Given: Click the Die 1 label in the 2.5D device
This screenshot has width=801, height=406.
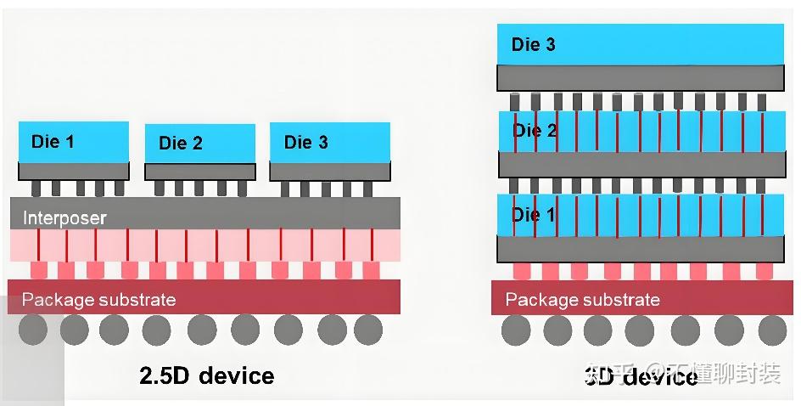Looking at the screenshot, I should point(53,141).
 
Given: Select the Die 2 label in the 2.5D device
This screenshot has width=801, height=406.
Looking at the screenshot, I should point(180,144).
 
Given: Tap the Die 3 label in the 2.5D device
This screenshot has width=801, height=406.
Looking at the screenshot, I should point(305,142).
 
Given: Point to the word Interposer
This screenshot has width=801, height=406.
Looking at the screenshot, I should point(64,218).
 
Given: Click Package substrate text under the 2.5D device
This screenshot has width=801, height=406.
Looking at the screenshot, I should point(98,300).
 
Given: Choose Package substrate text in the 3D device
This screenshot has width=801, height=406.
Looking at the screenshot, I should point(582,300).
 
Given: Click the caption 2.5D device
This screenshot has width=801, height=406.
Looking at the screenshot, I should point(206,375).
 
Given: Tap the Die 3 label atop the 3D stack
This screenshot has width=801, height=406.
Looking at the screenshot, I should point(533,44).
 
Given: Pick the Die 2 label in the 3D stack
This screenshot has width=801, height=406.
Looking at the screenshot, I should point(534,131).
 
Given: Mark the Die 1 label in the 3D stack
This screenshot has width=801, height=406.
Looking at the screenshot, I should point(534,215).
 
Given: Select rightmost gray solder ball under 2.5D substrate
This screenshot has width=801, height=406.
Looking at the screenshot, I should point(367,330).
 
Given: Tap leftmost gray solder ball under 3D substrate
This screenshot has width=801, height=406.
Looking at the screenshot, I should point(515,330).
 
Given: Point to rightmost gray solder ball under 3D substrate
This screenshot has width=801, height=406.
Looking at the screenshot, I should point(771,330).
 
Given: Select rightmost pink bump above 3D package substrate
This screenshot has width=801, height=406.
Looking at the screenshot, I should point(764,270).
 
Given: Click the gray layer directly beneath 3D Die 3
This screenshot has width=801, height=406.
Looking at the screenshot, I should point(641,78).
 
